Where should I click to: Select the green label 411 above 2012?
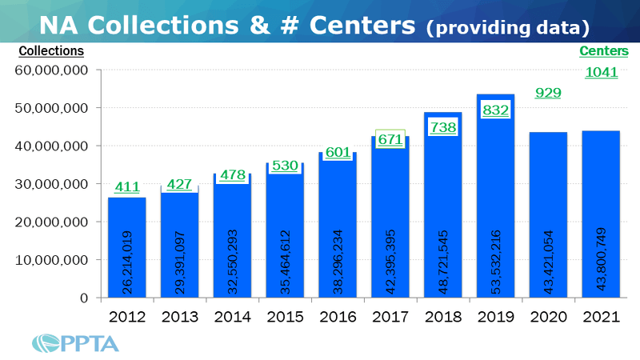click(126, 187)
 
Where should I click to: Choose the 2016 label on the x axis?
click(338, 316)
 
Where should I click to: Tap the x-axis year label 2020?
click(548, 316)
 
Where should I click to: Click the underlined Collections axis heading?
click(50, 51)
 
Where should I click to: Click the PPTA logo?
click(76, 342)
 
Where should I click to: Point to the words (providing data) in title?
click(508, 27)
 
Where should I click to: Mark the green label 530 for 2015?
click(285, 166)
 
